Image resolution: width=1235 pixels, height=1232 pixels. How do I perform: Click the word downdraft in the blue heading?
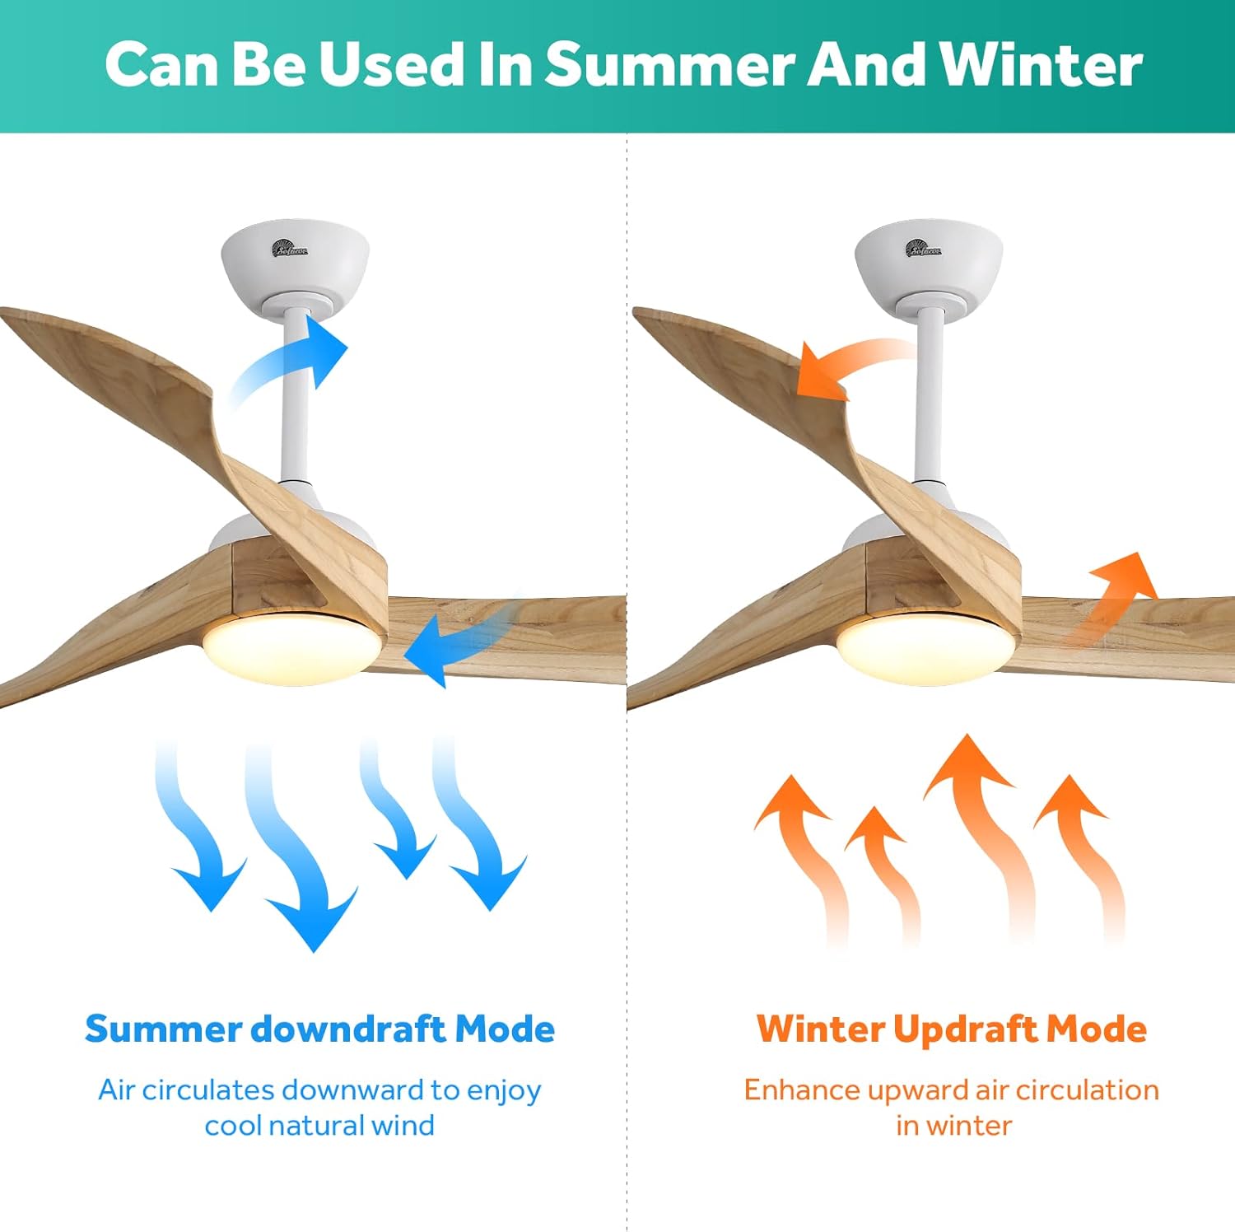(x=349, y=1029)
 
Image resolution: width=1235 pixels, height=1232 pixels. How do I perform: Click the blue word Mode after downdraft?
(x=505, y=1029)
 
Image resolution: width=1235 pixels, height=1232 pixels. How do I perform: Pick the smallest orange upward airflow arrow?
(x=885, y=865)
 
